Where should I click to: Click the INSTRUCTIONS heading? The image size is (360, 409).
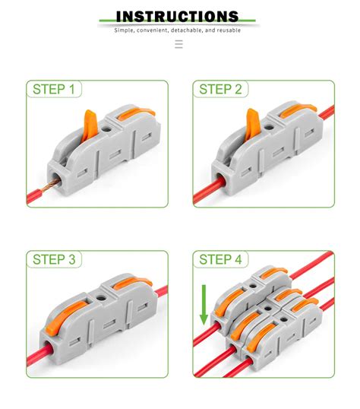coord(178,16)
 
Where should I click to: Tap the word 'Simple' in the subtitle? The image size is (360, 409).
coord(125,30)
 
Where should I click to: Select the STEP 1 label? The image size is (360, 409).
coord(54,90)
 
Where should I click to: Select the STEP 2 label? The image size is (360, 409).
coord(220,90)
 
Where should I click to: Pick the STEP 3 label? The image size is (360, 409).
coord(54,260)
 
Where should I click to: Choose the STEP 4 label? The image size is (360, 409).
coord(220,260)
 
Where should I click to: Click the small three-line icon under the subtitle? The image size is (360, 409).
coord(178,44)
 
